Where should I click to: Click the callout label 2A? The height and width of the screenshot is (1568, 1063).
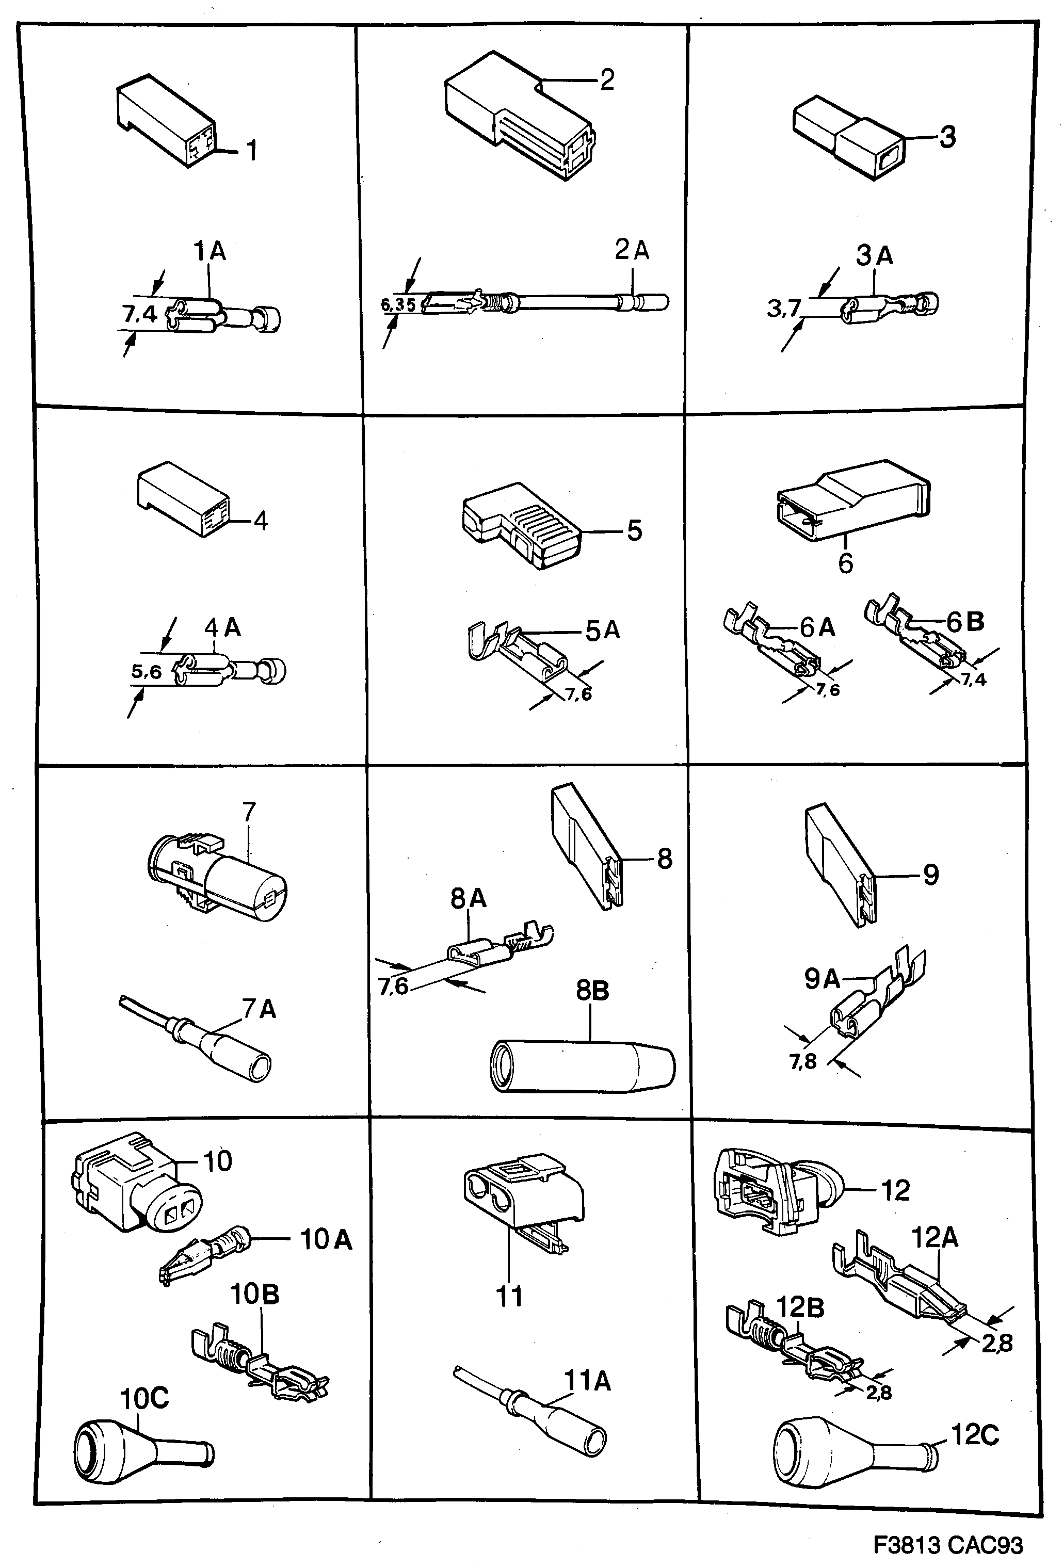(631, 250)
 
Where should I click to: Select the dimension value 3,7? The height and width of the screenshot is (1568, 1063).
(783, 309)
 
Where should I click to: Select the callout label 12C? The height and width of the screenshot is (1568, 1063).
(975, 1434)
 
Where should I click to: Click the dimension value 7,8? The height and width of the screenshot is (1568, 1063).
(802, 1062)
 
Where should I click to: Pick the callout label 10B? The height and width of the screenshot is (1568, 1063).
(254, 1294)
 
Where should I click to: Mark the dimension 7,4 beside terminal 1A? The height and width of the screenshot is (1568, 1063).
(140, 314)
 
